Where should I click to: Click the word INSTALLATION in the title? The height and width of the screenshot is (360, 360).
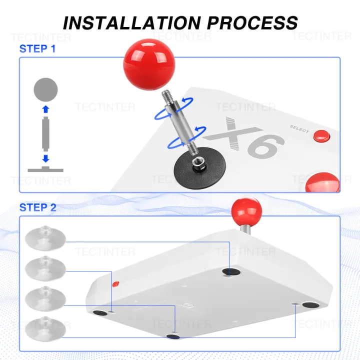point(132,23)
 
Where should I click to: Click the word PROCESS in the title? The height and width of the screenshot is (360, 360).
point(252,23)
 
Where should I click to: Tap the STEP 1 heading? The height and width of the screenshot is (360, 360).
point(37,48)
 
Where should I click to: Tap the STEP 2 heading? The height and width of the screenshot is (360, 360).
point(38,207)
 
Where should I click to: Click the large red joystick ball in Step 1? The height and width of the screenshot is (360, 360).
point(149,64)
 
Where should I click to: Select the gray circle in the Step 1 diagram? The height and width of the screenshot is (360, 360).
point(45,90)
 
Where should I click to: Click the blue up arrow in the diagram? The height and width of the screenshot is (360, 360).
point(46,109)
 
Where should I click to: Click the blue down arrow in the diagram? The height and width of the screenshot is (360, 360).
point(46,158)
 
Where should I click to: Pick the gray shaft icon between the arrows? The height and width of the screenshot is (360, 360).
point(45,134)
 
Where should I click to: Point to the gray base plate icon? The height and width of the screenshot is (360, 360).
point(45,169)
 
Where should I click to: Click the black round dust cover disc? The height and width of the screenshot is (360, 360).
point(199,168)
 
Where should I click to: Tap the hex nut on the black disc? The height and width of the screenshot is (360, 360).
point(197,163)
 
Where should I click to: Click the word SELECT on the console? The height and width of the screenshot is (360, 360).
point(299,129)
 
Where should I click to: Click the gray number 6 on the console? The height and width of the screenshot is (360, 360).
point(266,146)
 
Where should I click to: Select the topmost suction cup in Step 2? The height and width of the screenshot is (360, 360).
point(45,238)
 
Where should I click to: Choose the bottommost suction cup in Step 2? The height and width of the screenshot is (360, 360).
point(45,329)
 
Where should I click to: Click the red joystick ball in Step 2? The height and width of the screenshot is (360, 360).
point(246,211)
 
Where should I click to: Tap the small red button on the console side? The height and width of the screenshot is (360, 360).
point(116,284)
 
